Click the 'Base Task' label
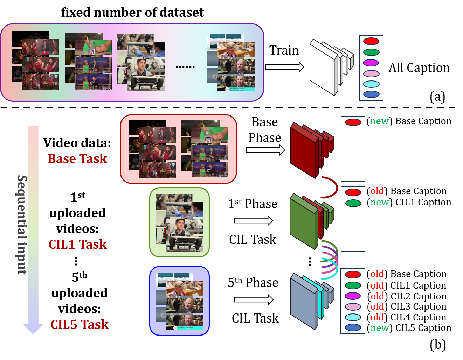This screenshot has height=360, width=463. (77, 159)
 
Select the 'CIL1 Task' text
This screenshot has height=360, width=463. (78, 245)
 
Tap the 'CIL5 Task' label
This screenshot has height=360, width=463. (80, 325)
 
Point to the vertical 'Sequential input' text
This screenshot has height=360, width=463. (22, 225)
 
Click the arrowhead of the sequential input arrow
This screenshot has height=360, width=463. (33, 329)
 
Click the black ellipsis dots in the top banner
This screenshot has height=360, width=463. (185, 67)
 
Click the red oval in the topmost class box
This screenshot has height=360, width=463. (371, 41)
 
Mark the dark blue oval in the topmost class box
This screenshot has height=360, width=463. (371, 94)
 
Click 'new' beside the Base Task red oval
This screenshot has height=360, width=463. (380, 121)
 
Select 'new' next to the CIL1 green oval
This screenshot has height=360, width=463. (380, 203)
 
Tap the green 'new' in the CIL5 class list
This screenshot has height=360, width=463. (380, 328)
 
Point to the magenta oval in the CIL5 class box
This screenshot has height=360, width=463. (353, 296)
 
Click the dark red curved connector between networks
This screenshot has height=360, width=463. (331, 188)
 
